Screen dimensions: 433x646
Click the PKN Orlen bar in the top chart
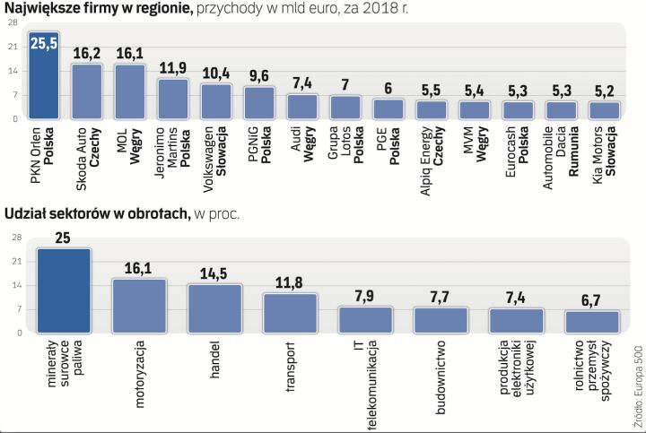click(x=44, y=81)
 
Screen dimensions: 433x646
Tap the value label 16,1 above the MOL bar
click(x=130, y=53)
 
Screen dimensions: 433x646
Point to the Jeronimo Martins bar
click(x=173, y=100)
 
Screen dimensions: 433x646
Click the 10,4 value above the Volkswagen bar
click(x=216, y=72)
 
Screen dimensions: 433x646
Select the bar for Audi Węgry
click(x=302, y=107)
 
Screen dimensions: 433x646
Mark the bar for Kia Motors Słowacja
click(x=604, y=110)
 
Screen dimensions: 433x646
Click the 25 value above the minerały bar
click(x=64, y=238)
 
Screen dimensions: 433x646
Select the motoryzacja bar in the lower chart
click(x=139, y=306)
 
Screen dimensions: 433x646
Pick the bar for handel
click(x=214, y=308)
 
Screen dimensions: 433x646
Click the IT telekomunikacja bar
click(x=365, y=320)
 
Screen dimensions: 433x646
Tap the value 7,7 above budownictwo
click(x=441, y=297)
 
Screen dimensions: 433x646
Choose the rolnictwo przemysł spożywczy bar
click(x=591, y=322)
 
